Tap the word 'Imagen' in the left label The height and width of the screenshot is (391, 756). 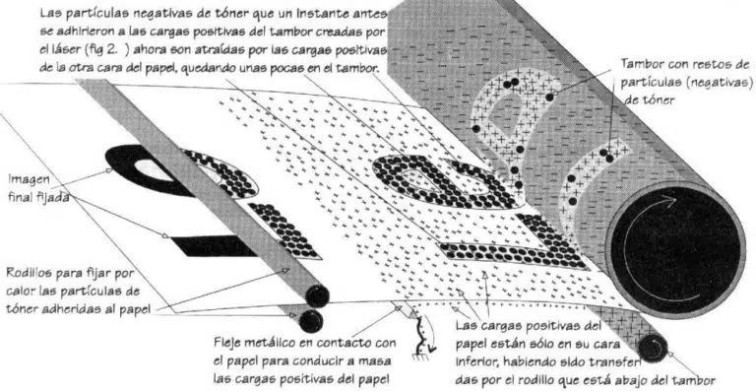tap(29, 180)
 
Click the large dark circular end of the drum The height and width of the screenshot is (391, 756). tap(675, 247)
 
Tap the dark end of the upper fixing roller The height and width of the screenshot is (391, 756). tap(317, 296)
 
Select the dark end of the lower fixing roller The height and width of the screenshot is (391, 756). tap(311, 321)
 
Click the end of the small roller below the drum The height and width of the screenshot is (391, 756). tap(653, 348)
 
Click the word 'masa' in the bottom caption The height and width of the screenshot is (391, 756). tap(378, 361)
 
